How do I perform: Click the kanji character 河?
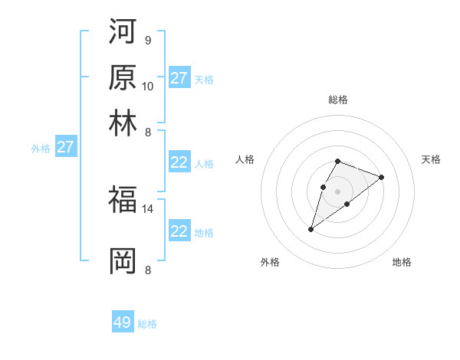123,31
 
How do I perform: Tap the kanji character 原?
123,77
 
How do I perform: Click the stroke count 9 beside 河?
147,40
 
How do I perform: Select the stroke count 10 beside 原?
148,86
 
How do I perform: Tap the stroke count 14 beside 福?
148,208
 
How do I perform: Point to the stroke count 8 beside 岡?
147,269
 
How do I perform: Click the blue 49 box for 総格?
123,322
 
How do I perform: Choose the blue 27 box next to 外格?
65,147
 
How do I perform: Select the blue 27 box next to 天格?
179,78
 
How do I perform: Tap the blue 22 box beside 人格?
179,162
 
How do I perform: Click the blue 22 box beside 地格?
179,231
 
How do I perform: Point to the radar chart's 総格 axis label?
337,100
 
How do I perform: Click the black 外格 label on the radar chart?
270,262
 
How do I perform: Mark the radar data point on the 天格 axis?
381,177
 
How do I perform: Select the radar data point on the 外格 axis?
311,229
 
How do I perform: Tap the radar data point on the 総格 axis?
337,161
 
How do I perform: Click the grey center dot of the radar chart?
337,190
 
